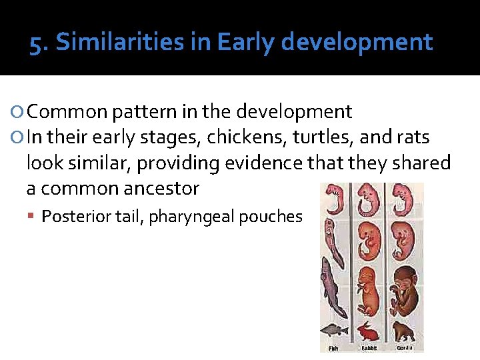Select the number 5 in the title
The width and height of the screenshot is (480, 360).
click(x=37, y=43)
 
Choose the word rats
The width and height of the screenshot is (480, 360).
click(x=413, y=138)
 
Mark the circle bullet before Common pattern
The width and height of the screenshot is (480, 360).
click(x=18, y=112)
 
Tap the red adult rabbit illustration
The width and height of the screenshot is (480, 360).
click(x=368, y=331)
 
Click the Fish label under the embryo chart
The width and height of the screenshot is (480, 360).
click(x=333, y=347)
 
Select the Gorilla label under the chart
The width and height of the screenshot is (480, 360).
click(x=404, y=347)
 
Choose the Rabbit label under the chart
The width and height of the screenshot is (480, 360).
click(x=369, y=347)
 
